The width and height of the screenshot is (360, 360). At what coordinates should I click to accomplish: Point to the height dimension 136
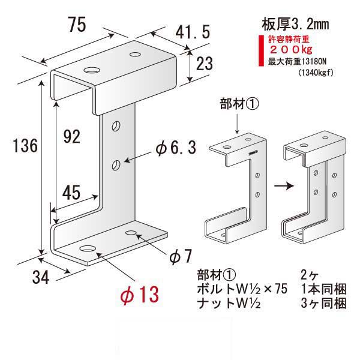[x=25, y=146]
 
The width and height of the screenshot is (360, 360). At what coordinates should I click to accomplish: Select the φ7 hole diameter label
[x=180, y=256]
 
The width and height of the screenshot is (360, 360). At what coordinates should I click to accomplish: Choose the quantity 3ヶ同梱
[x=325, y=304]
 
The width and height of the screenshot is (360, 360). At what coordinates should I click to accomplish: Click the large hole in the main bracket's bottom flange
[x=88, y=247]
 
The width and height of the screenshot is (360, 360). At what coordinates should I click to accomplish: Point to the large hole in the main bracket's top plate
[x=92, y=70]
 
